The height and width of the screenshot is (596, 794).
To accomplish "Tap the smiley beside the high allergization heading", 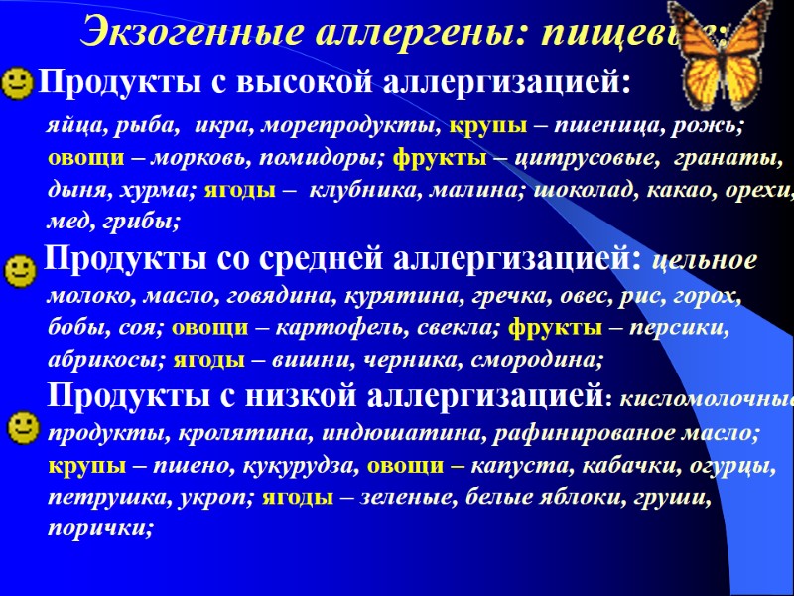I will coord(17,82).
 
